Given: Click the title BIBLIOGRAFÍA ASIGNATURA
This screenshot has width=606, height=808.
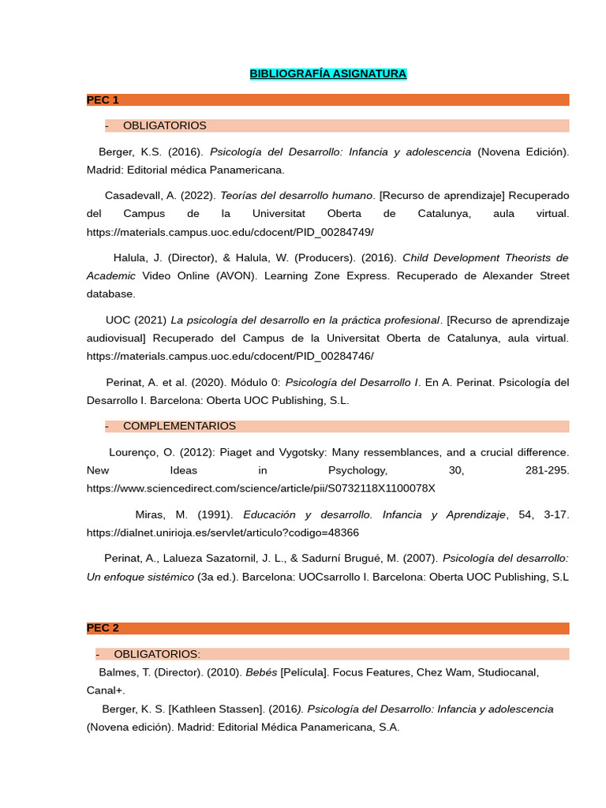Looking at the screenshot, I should (327, 74).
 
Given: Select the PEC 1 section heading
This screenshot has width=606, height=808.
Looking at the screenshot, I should (103, 99).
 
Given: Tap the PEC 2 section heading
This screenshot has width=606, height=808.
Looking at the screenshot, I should (103, 628).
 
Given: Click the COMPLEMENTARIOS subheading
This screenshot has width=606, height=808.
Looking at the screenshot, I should (179, 426).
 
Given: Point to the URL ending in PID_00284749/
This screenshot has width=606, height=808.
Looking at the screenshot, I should (230, 232).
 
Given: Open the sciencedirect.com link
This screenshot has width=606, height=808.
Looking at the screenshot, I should (260, 488).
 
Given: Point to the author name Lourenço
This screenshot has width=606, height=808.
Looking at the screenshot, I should (133, 453).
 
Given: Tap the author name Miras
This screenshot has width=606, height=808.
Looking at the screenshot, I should (149, 514).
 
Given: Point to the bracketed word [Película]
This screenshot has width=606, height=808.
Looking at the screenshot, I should (306, 672).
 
